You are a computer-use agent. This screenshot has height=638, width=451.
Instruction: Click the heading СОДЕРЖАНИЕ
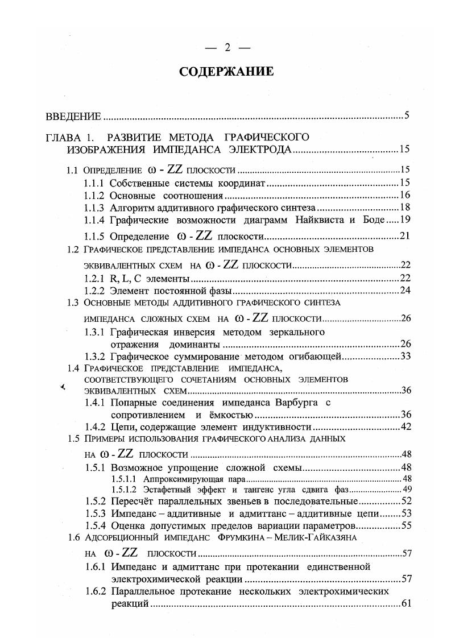(226, 72)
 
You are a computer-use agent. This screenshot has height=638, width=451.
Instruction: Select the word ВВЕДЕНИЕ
(73, 117)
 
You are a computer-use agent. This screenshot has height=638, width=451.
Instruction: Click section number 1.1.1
(94, 183)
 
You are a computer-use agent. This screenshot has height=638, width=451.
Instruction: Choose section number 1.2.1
(94, 279)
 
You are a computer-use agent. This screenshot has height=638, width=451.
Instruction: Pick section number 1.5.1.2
(125, 490)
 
